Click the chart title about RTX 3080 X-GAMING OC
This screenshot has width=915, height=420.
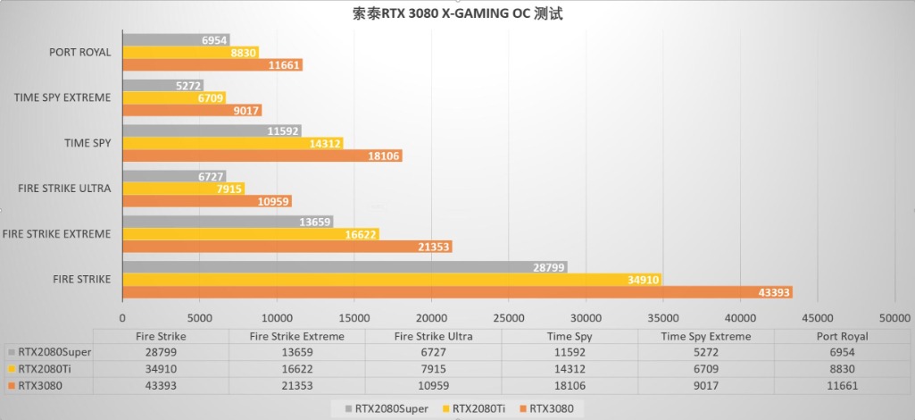[x=457, y=14]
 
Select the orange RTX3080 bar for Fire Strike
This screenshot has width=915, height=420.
[x=457, y=292]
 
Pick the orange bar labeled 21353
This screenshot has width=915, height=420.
[x=287, y=247]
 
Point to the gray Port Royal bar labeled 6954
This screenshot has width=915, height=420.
[x=176, y=40]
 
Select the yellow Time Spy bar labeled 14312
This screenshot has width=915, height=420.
[x=232, y=143]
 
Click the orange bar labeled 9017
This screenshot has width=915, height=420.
[x=191, y=110]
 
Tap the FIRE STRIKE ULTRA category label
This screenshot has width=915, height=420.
[x=63, y=189]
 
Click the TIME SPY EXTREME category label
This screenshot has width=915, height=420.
[x=62, y=97]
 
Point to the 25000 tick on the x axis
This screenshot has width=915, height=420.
[x=509, y=317]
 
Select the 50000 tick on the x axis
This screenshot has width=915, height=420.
[x=894, y=317]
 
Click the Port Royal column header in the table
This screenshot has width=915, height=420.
[x=842, y=337]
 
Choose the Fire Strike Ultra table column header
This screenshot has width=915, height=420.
[x=433, y=337]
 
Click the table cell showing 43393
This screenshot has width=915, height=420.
[x=161, y=385]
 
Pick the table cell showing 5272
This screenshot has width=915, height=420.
[x=705, y=352]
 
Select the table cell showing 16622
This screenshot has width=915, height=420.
[x=297, y=368]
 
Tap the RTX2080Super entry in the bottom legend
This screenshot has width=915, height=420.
[x=391, y=409]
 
